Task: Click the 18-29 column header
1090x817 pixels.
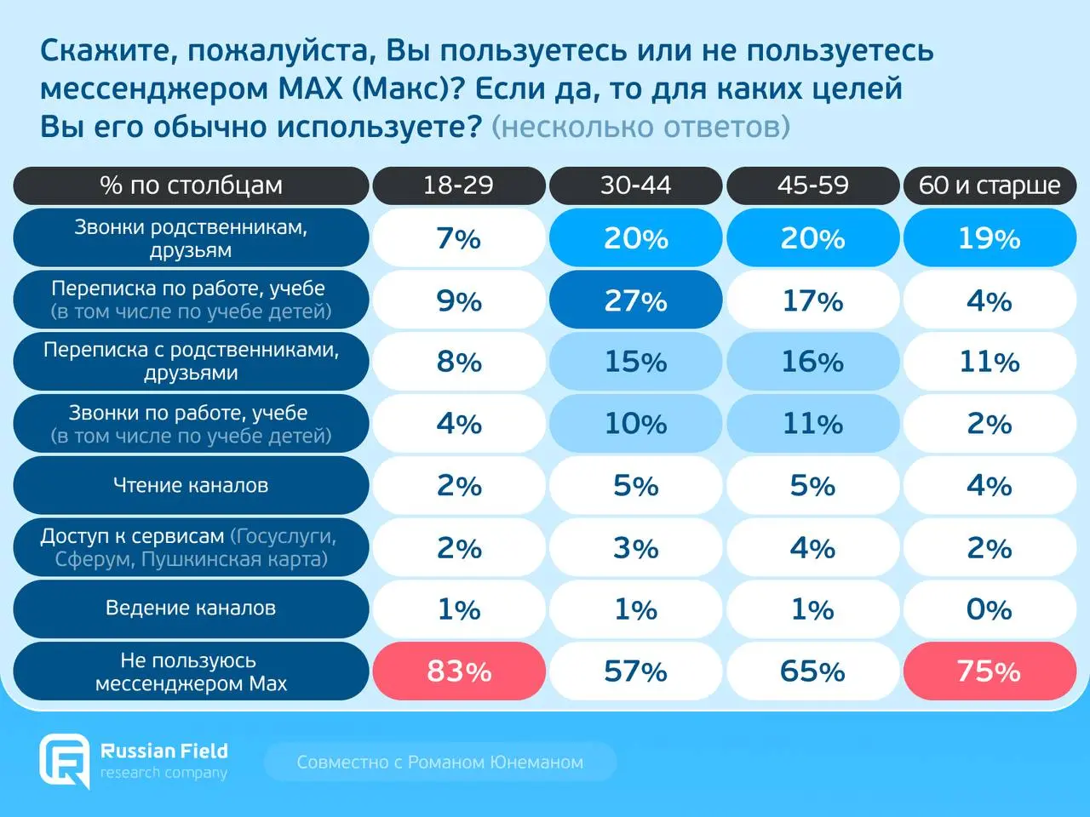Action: click(458, 186)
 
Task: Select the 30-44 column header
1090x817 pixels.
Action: click(635, 186)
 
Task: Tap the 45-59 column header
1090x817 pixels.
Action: click(812, 186)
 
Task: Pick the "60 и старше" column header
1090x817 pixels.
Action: click(990, 186)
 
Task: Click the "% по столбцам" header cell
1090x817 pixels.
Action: click(191, 186)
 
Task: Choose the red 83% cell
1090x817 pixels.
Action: click(458, 671)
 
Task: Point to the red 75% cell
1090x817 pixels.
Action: click(990, 671)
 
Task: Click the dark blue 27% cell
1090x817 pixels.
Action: click(635, 300)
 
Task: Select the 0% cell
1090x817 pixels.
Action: click(990, 609)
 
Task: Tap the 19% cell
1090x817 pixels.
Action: click(990, 238)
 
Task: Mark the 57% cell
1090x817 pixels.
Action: click(635, 671)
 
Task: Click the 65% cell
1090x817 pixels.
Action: click(812, 671)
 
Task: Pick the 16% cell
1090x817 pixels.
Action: click(812, 362)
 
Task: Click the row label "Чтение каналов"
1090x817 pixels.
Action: click(191, 485)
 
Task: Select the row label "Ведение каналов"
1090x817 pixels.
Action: click(191, 608)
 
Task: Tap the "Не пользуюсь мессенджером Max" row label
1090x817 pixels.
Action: click(191, 671)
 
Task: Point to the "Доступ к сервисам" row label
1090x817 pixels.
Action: click(191, 547)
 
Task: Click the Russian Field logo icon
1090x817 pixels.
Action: click(65, 760)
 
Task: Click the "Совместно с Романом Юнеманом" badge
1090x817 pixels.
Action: click(439, 762)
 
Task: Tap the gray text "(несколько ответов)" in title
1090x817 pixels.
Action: click(641, 127)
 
